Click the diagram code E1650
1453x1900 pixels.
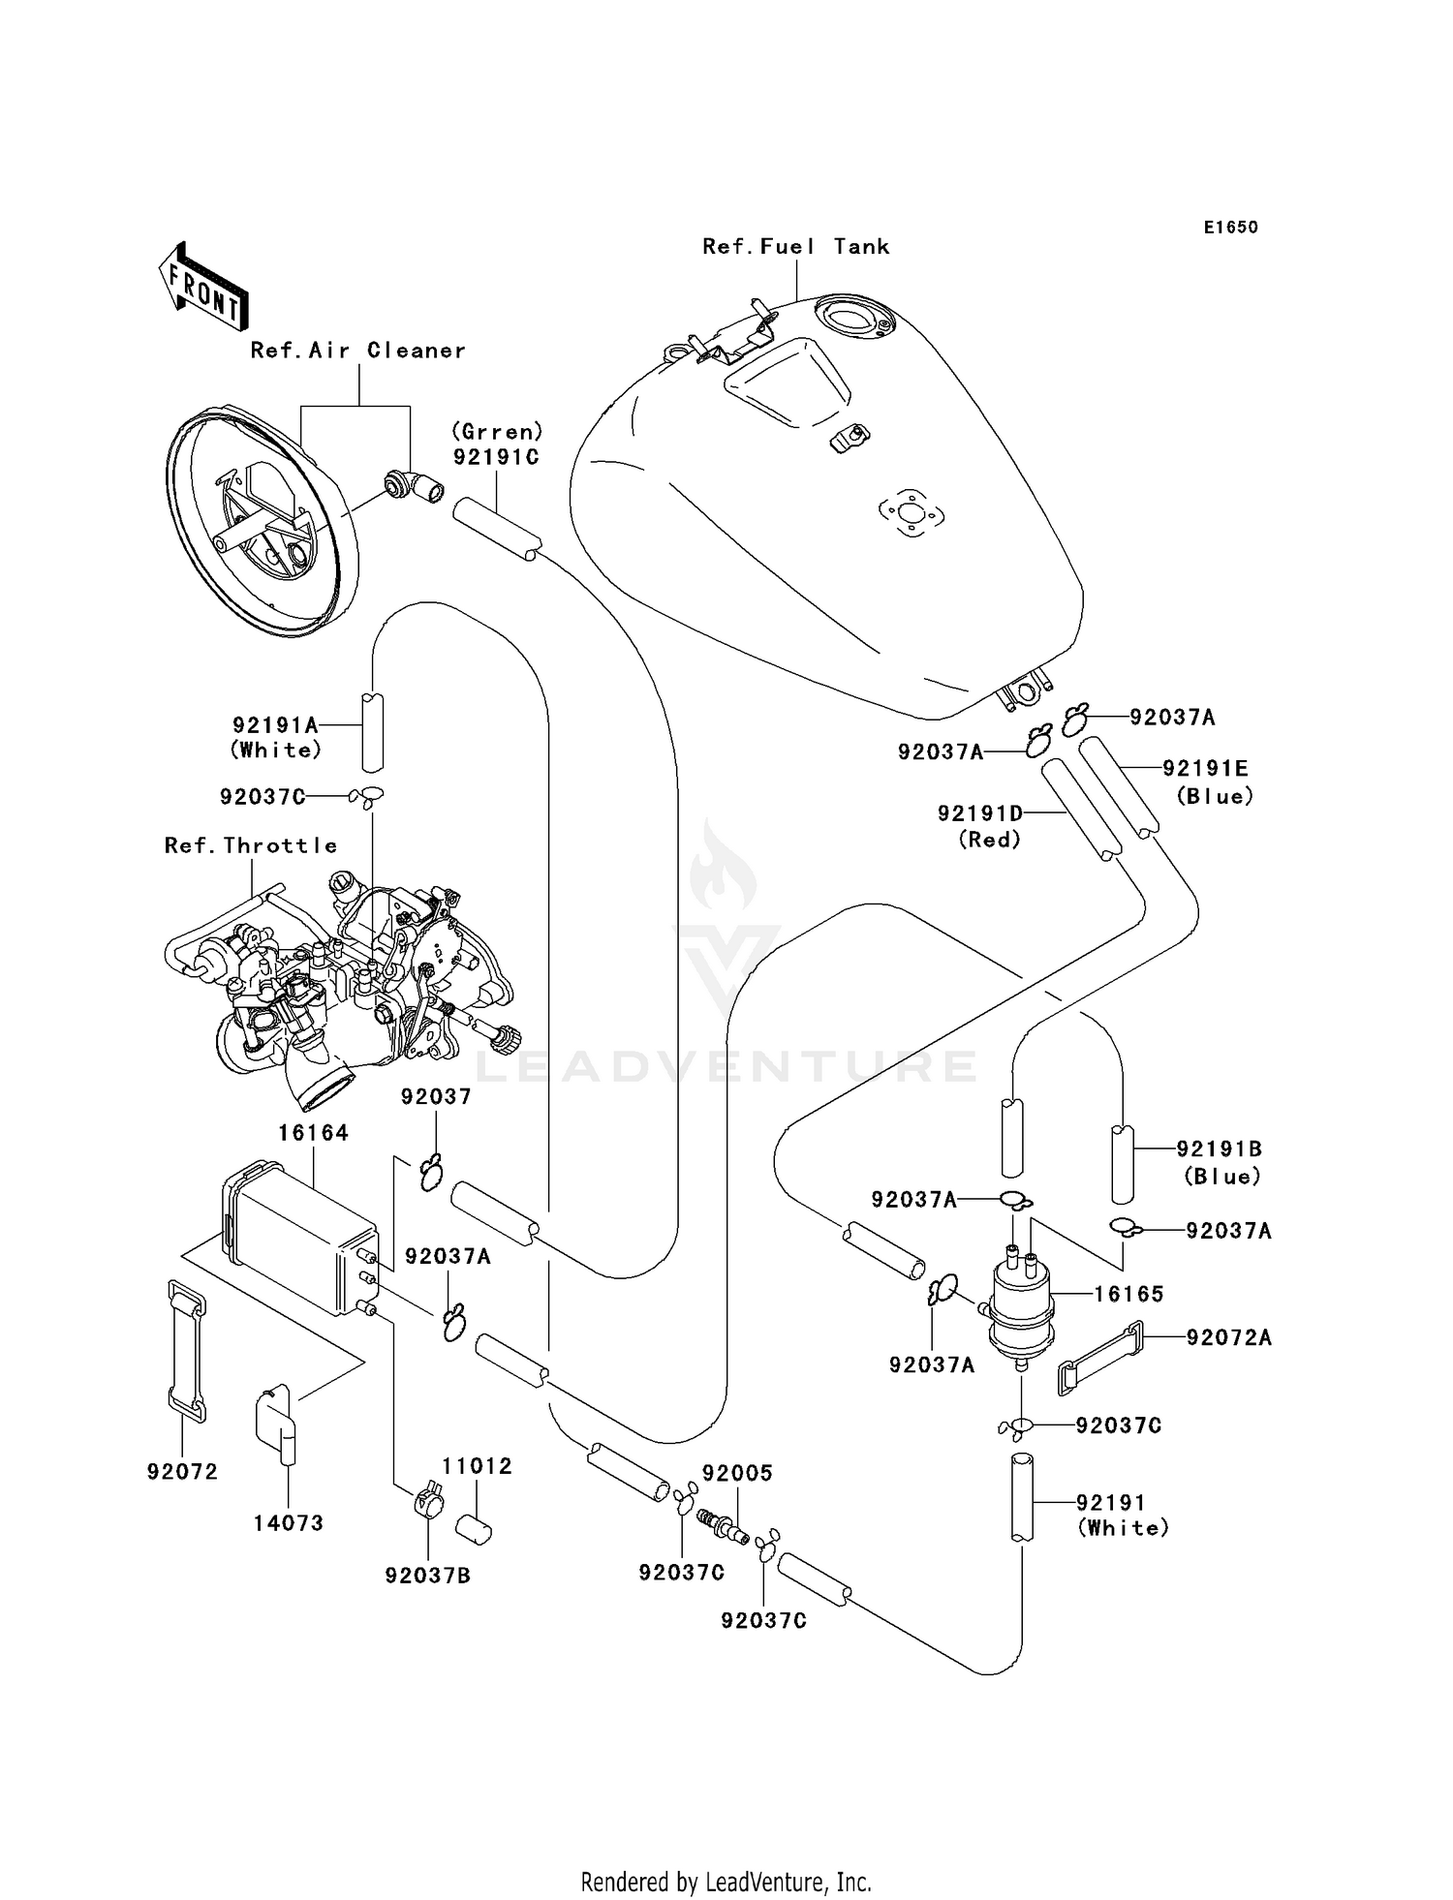[x=1230, y=228]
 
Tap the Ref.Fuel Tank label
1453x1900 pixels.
[x=795, y=247]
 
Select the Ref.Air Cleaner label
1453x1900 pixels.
[x=357, y=351]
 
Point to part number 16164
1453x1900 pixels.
[x=313, y=1132]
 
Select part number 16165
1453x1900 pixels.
[x=1128, y=1294]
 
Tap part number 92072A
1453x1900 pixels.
[x=1228, y=1337]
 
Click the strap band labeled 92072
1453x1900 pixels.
[x=187, y=1351]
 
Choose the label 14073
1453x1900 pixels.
[x=288, y=1523]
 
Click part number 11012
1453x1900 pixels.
[x=477, y=1466]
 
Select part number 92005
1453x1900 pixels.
[x=737, y=1473]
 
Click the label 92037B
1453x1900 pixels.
[x=427, y=1576]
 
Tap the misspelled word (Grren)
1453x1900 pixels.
[x=496, y=432]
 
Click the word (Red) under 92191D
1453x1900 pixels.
[x=989, y=840]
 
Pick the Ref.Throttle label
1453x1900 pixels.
[x=251, y=845]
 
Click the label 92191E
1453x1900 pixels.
[x=1205, y=768]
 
